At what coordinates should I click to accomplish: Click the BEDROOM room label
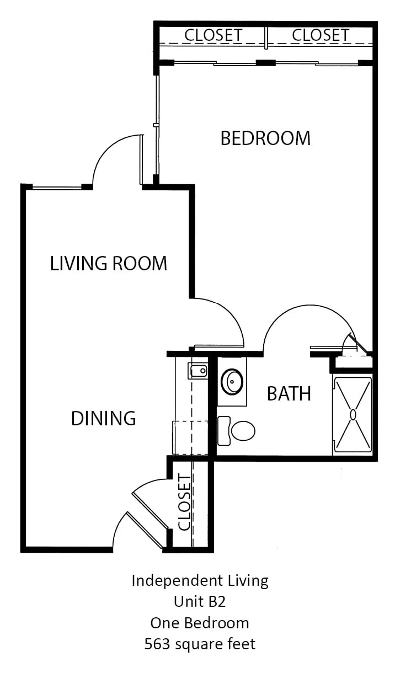coord(265,138)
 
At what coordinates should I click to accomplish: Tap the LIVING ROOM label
coord(109,263)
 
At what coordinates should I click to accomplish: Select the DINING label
coord(103,418)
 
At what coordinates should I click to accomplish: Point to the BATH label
coord(289,393)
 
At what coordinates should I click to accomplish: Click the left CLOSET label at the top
coord(213,35)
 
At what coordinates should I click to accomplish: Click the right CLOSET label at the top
coord(321,35)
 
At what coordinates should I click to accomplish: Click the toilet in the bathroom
coord(236,430)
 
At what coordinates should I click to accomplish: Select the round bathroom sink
coord(232,381)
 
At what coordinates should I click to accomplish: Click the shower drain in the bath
coord(353,414)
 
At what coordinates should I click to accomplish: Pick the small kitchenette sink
coord(198,371)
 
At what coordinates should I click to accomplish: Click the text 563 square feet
coord(200,644)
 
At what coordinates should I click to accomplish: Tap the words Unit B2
coord(200,601)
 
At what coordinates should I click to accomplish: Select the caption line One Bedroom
coord(200,623)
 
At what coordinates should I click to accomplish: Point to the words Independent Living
coord(200,580)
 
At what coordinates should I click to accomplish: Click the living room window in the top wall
coord(57,188)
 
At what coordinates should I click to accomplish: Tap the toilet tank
coord(224,430)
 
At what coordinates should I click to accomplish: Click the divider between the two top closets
coord(266,38)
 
